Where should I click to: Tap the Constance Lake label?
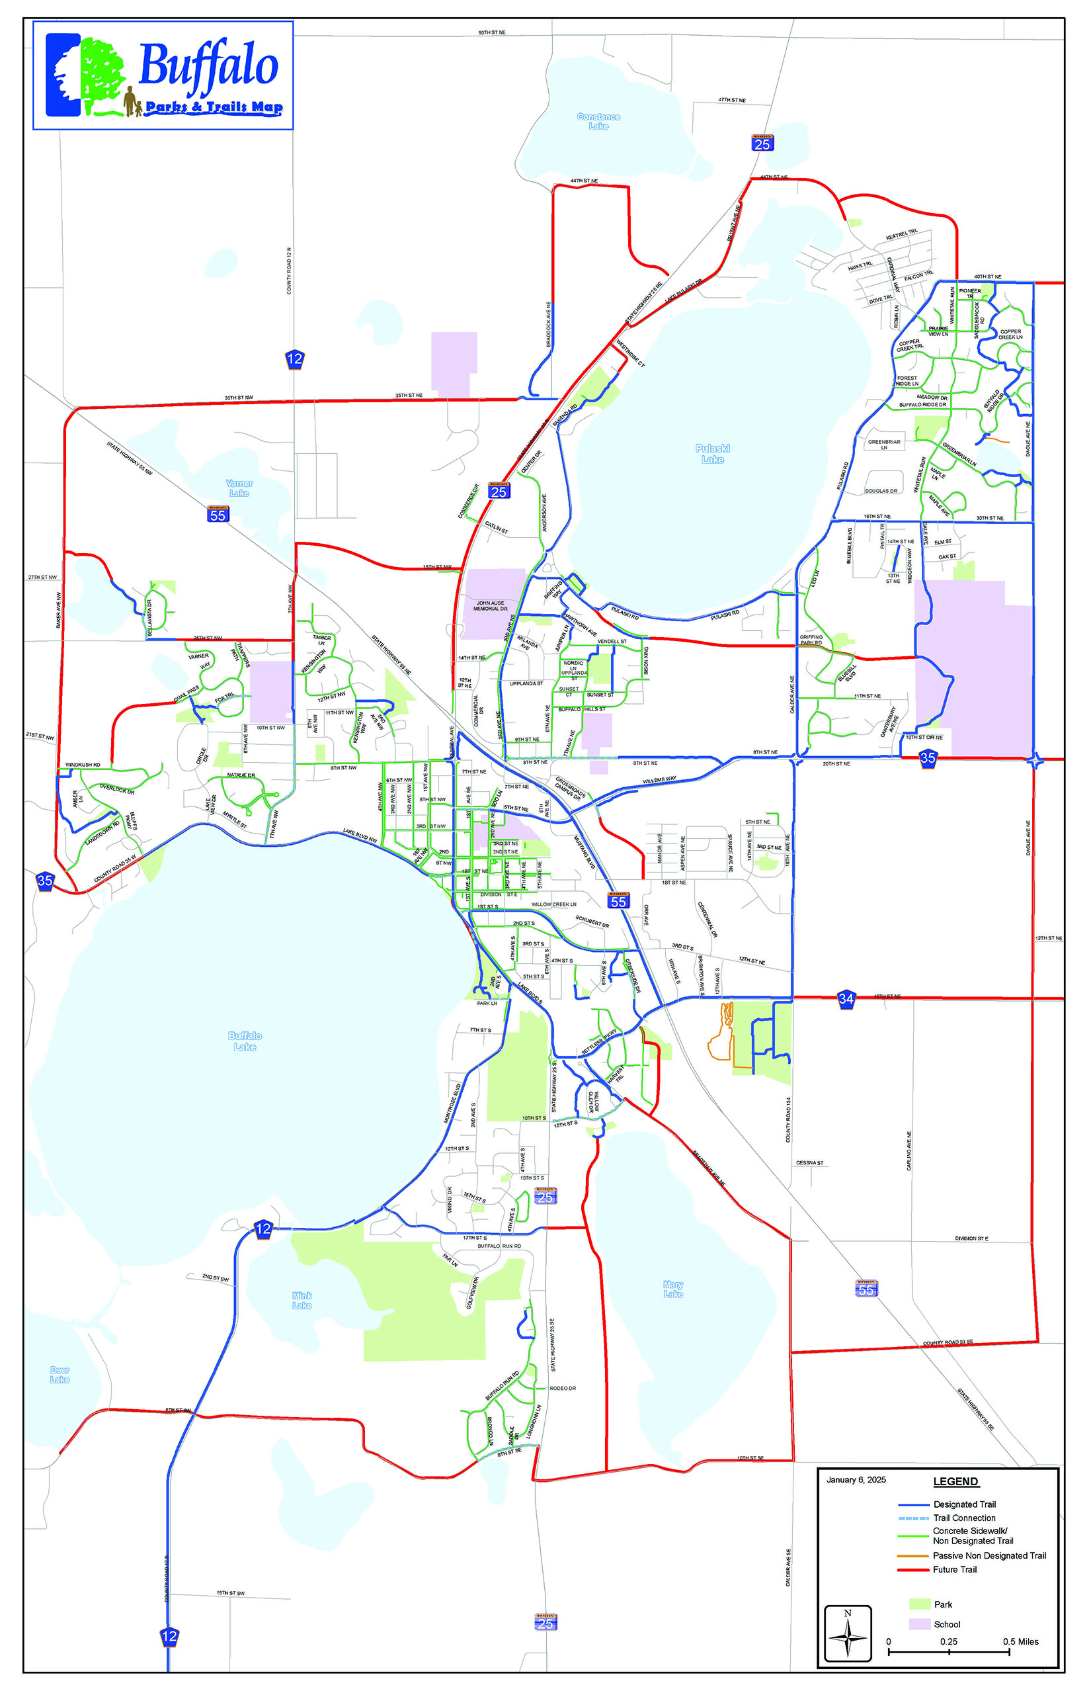(x=598, y=121)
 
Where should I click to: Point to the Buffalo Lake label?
(x=245, y=1041)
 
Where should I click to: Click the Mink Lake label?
(x=302, y=1300)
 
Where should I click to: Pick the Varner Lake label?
(x=239, y=488)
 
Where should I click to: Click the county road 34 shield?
(x=846, y=999)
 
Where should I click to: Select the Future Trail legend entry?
(x=954, y=1569)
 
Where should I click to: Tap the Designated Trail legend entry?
(x=964, y=1504)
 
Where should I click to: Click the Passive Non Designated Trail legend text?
(x=989, y=1555)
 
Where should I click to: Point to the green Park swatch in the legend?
(x=920, y=1604)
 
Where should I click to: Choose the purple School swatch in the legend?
(x=920, y=1623)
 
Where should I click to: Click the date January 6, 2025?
(x=856, y=1479)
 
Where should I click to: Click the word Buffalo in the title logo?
(x=208, y=65)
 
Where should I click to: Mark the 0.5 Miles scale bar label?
(x=1020, y=1641)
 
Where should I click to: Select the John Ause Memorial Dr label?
(x=490, y=606)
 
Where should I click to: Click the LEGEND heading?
(x=955, y=1481)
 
